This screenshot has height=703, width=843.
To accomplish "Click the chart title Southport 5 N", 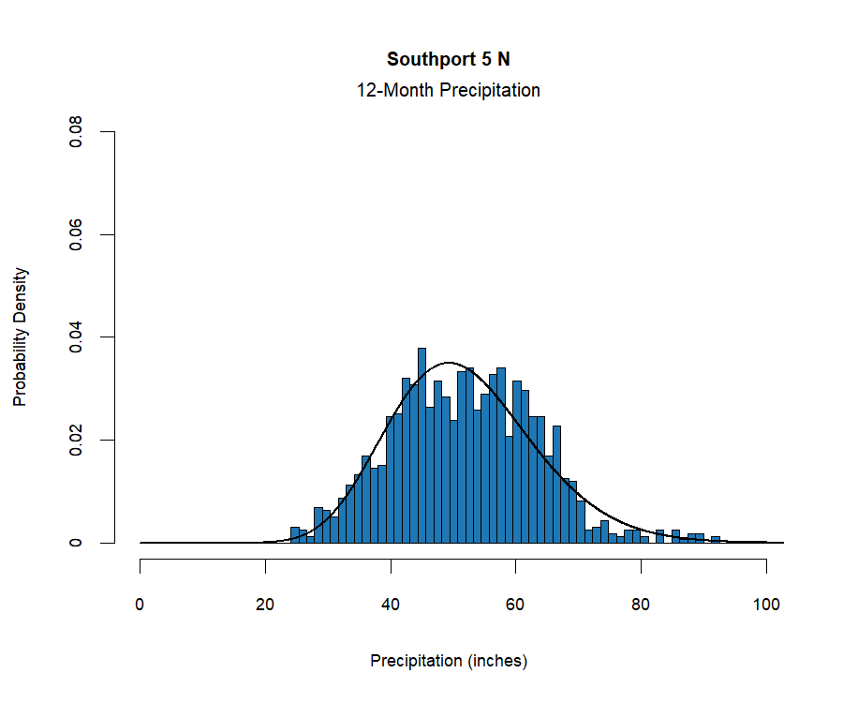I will pyautogui.click(x=449, y=59).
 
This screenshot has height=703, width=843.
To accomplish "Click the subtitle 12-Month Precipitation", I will pyautogui.click(x=449, y=91).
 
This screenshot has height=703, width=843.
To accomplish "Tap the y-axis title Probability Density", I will pyautogui.click(x=21, y=337).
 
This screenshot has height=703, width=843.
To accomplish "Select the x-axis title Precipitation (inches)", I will pyautogui.click(x=449, y=661).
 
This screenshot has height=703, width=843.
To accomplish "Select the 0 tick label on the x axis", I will pyautogui.click(x=140, y=605).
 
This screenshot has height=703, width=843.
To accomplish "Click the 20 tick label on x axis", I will pyautogui.click(x=265, y=605).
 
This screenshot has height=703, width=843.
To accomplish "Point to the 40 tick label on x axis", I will pyautogui.click(x=391, y=605).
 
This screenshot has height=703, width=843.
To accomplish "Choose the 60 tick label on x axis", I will pyautogui.click(x=516, y=605).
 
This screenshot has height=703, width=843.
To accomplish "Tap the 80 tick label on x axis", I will pyautogui.click(x=641, y=605).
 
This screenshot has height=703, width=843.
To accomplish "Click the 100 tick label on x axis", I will pyautogui.click(x=766, y=605).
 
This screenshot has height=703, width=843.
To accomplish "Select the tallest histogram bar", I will pyautogui.click(x=421, y=445).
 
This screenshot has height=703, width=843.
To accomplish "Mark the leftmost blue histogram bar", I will pyautogui.click(x=295, y=535).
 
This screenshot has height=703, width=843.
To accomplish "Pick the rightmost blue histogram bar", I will pyautogui.click(x=716, y=540).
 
